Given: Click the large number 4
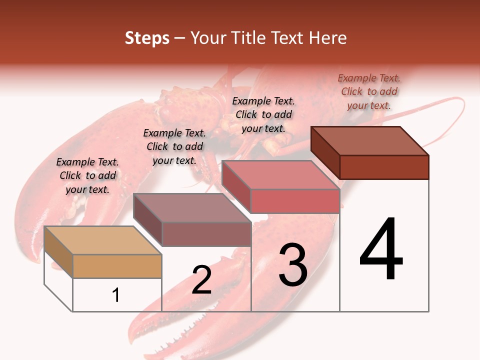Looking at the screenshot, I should (x=381, y=250).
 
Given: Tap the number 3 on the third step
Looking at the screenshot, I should (x=293, y=265).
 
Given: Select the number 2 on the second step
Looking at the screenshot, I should (x=201, y=280).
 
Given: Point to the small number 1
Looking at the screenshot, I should (x=116, y=295).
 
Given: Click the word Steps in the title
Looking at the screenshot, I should (x=146, y=38).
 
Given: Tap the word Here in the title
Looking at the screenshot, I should (x=328, y=38).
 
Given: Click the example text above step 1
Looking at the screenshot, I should (x=87, y=175).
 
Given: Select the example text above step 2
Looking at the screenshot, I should (x=174, y=146).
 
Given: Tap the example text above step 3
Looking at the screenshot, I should (x=263, y=114).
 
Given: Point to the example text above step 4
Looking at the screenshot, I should (x=369, y=91).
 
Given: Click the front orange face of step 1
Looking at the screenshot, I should (x=117, y=266).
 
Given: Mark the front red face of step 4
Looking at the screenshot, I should (x=384, y=167).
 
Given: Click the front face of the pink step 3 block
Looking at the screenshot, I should (x=295, y=201).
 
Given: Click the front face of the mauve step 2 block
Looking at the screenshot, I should (x=206, y=234).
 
